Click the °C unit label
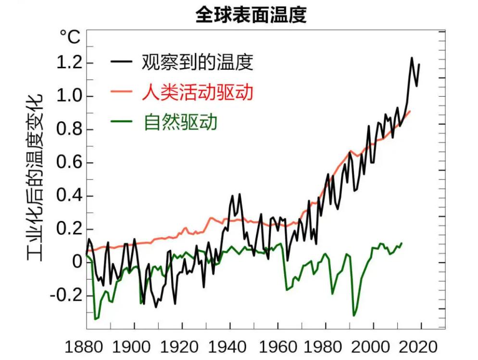coord(70,37)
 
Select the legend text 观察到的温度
coord(197,62)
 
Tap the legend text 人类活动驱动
coord(197,92)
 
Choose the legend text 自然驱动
coord(181,122)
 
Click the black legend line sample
coord(121,62)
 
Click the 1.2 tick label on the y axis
coord(68,64)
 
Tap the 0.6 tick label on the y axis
coord(68,163)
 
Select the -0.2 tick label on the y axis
coord(65,295)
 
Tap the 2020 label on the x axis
coord(419,347)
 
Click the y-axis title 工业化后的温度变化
coord(35,178)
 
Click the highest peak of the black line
coord(412,58)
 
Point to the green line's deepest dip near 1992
coord(354,316)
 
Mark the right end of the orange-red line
coord(410,111)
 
